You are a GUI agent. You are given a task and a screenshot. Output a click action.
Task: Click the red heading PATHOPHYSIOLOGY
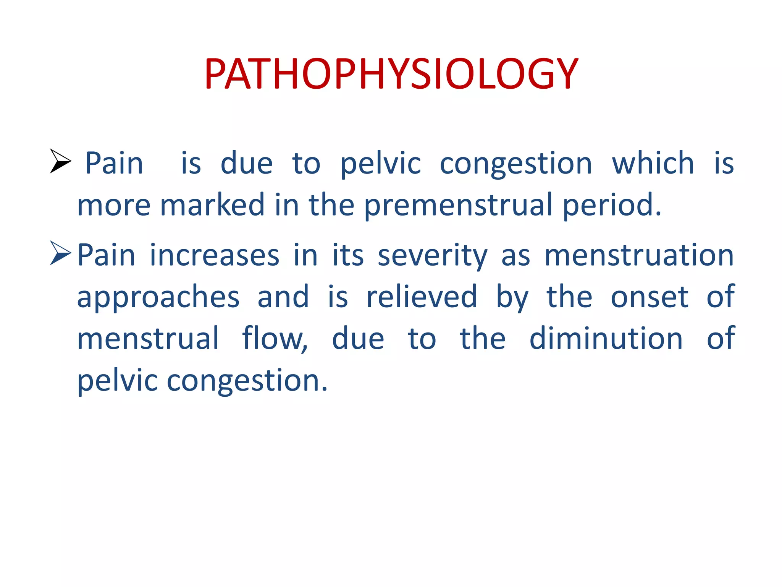[x=391, y=73]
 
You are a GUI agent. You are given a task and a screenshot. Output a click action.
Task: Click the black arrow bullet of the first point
[x=60, y=161]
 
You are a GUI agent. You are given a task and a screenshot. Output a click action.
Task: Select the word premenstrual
[x=458, y=205]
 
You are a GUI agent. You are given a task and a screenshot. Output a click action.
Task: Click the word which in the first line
[x=653, y=163]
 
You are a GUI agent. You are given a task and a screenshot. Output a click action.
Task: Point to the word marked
[x=212, y=205]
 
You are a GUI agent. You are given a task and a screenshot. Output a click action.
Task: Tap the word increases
[x=215, y=255]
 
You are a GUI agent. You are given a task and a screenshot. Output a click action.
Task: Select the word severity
[x=433, y=255]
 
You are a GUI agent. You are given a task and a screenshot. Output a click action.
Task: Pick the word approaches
[x=158, y=297]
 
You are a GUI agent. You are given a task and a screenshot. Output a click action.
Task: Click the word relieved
[x=422, y=297]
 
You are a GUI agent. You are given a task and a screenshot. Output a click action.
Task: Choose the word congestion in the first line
[x=516, y=163]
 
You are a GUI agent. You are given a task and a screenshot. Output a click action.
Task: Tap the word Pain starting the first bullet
[x=114, y=163]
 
